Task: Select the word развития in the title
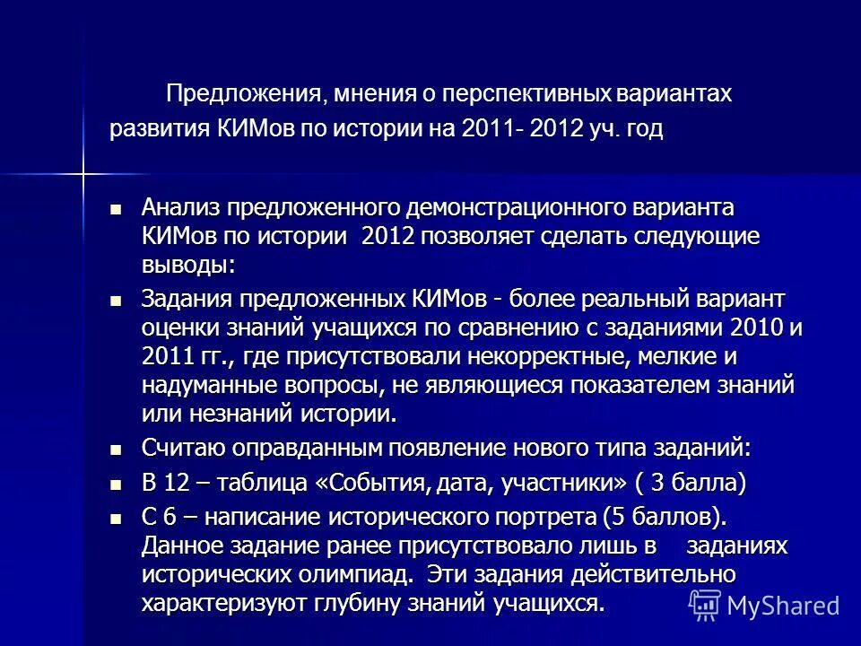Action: pyautogui.click(x=159, y=130)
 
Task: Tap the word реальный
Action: pyautogui.click(x=632, y=298)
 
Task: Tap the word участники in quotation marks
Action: pyautogui.click(x=559, y=483)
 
